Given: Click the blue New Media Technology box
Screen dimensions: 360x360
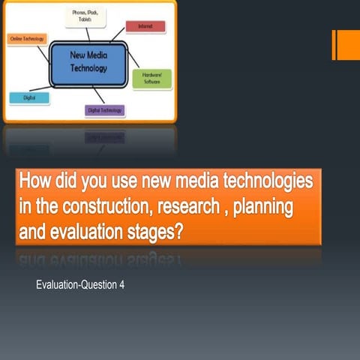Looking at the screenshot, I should (88, 62).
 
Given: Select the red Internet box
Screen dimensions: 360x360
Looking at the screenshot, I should (145, 26).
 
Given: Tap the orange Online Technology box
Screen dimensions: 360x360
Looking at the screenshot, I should (27, 37).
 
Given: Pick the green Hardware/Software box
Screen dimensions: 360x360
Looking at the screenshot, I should (151, 79).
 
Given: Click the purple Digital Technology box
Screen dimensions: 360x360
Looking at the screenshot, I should (105, 110).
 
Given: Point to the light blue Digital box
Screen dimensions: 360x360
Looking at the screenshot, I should (29, 97).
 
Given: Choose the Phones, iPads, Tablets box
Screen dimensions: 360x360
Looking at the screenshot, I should (83, 16).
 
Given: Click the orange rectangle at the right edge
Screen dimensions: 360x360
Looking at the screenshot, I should (346, 44).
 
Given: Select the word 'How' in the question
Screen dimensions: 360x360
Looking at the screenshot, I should (35, 181).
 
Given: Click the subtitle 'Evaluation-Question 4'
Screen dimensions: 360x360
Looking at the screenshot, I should (79, 286).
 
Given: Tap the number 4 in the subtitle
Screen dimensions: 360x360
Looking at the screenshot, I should (121, 286).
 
